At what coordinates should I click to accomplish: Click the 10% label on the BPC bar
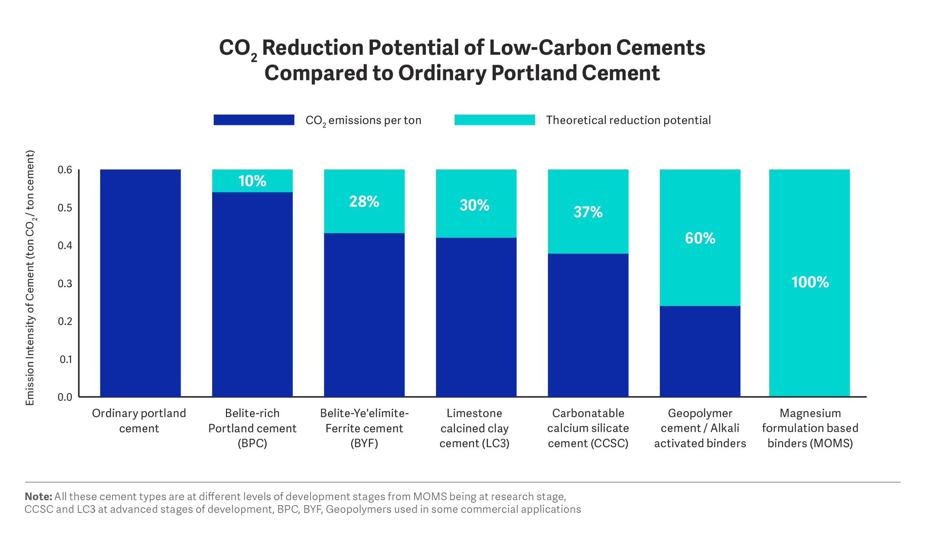(252, 181)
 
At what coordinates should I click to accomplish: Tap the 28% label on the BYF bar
(364, 201)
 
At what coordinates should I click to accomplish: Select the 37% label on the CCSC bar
(588, 212)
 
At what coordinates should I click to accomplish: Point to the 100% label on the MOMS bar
(809, 282)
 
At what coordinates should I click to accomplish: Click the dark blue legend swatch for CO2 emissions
(254, 120)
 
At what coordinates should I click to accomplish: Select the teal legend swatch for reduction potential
(494, 120)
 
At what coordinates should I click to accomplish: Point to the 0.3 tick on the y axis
(65, 283)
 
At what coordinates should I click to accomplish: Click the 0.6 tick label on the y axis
(65, 170)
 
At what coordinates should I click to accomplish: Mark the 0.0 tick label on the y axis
(65, 397)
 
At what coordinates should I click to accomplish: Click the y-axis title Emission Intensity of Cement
(30, 278)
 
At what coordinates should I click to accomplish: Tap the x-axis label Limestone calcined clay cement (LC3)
(474, 428)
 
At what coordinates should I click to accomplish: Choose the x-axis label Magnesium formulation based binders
(810, 428)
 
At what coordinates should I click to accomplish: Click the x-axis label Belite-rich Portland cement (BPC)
(252, 428)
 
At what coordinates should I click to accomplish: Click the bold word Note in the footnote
(38, 496)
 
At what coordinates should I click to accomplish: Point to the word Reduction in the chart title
(313, 47)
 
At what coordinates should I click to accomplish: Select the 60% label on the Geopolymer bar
(700, 238)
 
